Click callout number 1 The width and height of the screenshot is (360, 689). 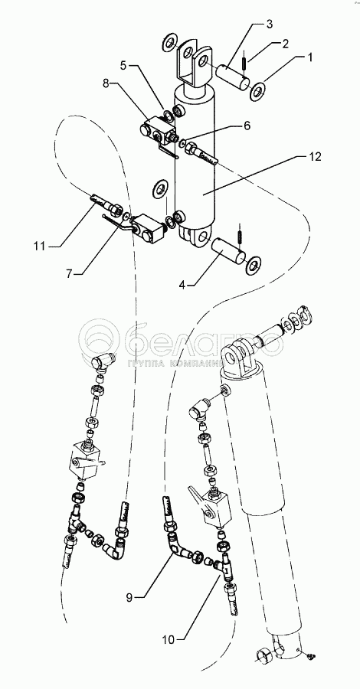pos(310,57)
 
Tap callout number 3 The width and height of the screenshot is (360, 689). pos(269,24)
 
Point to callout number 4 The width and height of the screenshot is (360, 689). pos(182,284)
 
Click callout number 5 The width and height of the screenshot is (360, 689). pos(123,66)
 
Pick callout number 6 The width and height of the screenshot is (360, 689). pos(247,126)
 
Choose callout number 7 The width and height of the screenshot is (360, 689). pos(69,273)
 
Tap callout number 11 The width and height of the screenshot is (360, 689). pos(40,246)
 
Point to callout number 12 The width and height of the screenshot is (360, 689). pos(315,156)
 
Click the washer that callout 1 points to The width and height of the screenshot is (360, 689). pos(257,90)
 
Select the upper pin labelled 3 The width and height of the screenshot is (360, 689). pos(234,76)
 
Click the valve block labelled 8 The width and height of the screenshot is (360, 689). pos(159,130)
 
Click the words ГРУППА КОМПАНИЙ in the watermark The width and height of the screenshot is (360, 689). pos(176,364)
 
